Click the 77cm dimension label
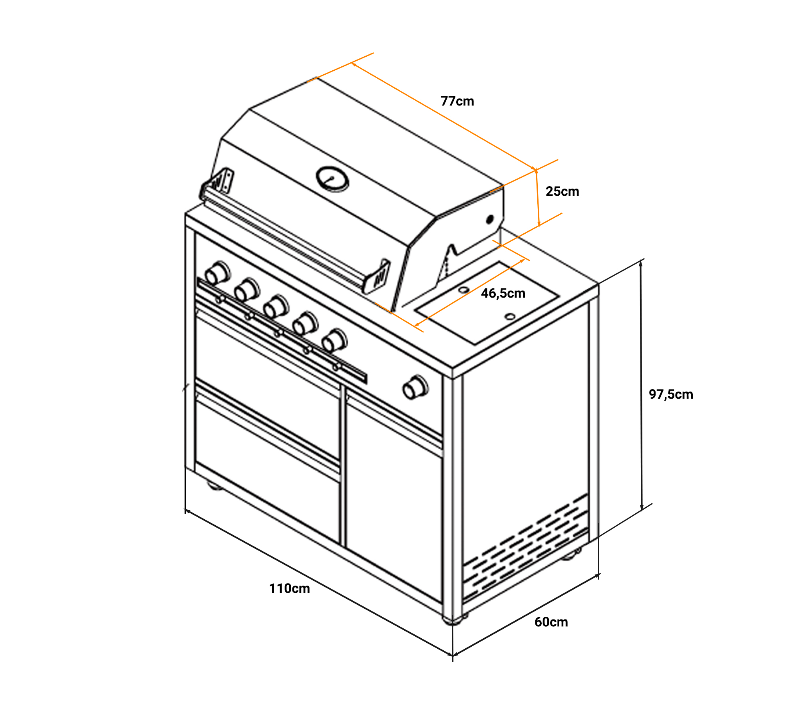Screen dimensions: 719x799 457,101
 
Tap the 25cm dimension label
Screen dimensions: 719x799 562,192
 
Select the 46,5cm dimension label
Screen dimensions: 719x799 503,294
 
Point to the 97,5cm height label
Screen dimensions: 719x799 671,395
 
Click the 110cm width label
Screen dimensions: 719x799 289,589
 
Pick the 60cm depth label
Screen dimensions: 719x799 551,622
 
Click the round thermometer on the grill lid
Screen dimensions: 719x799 332,179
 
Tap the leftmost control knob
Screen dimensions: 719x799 217,273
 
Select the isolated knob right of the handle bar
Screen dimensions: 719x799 415,387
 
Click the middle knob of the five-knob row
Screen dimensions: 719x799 276,306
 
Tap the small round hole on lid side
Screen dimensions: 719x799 490,219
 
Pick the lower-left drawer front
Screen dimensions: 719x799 267,471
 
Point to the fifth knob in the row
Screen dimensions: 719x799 334,341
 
